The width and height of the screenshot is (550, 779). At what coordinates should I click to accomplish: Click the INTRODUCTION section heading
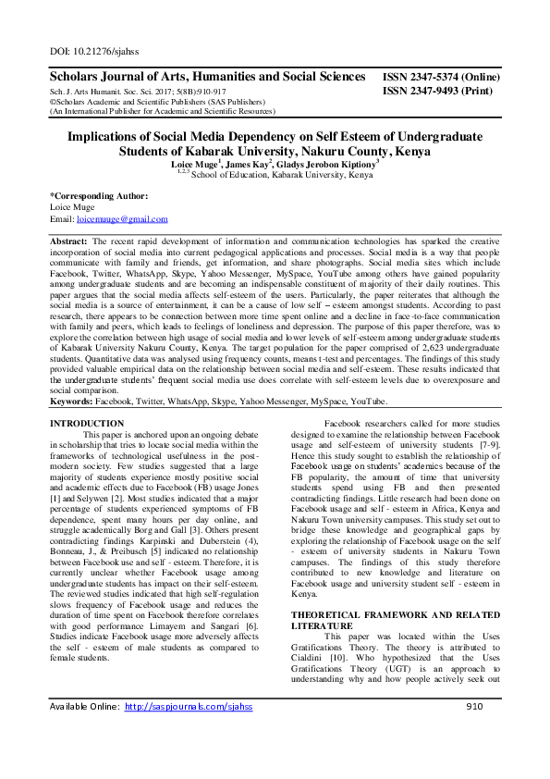pyautogui.click(x=86, y=423)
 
